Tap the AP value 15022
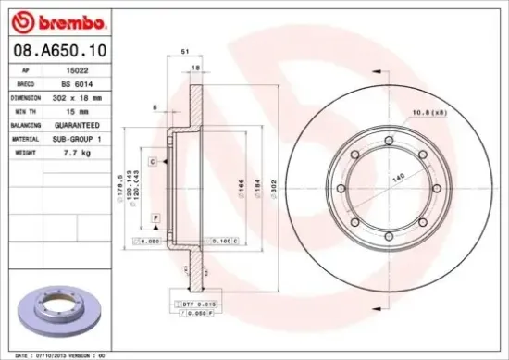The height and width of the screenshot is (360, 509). [86, 69]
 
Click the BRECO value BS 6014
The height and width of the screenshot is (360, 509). [86, 82]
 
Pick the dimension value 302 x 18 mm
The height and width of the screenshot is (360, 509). [86, 96]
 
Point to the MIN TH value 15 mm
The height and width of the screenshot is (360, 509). [86, 110]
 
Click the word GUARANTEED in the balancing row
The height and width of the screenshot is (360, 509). [86, 123]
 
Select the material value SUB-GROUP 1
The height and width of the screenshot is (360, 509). [86, 137]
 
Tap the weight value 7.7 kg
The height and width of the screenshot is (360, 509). [86, 151]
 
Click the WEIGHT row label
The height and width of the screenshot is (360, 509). [24, 151]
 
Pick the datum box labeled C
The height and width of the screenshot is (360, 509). [151, 161]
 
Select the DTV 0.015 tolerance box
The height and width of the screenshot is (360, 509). [191, 303]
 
